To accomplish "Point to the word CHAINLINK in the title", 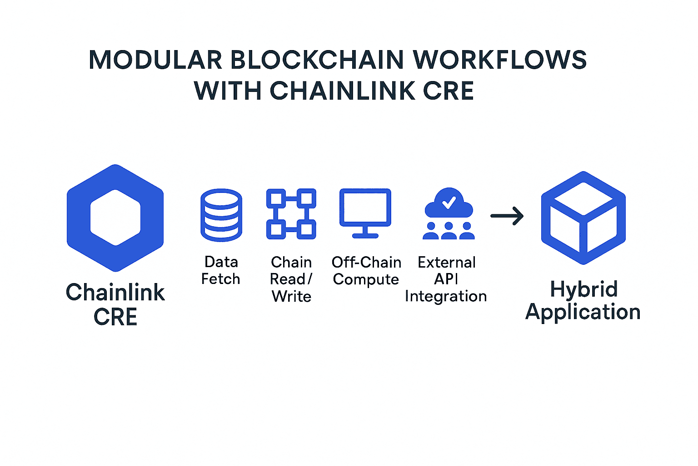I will click(342, 91).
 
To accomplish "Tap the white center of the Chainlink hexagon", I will click(115, 218).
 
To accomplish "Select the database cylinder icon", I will click(221, 215).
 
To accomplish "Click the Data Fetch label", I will click(221, 270).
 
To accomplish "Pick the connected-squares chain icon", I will click(291, 214).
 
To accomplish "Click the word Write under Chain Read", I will click(291, 296).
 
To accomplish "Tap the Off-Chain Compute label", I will click(366, 271).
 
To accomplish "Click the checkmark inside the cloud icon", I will click(449, 202).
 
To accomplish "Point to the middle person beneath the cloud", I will click(449, 231).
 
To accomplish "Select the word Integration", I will click(446, 296).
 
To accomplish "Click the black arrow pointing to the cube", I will click(507, 216).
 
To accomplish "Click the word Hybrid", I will click(584, 289).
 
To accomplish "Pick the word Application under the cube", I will click(583, 312).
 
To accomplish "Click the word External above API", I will click(447, 262).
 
